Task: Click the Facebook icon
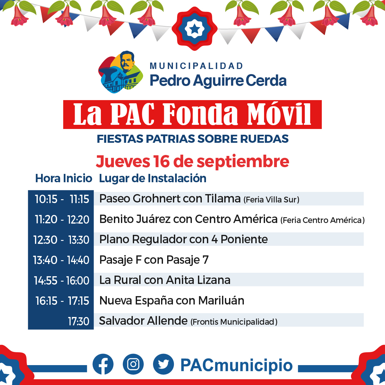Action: [x=103, y=364]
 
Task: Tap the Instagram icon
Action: [x=133, y=364]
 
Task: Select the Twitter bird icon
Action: [x=163, y=364]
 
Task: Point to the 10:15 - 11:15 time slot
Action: [x=62, y=199]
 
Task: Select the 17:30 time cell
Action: [x=79, y=321]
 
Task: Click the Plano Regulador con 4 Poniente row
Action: [x=184, y=239]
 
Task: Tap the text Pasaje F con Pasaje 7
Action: [x=154, y=260]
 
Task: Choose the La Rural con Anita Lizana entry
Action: [x=165, y=280]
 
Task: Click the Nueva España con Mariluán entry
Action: [x=172, y=301]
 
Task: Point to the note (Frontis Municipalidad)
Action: [x=234, y=322]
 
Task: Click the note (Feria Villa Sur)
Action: [x=271, y=200]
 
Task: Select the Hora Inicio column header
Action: [x=64, y=178]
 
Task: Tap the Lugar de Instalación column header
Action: [x=153, y=178]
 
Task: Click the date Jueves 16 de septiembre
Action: [x=193, y=161]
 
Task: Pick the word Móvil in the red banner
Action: [x=279, y=114]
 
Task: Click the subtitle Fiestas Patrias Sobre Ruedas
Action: [x=193, y=139]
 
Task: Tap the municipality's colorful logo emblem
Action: [x=121, y=72]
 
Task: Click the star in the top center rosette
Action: [x=194, y=29]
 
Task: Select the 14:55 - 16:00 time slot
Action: [x=62, y=280]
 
